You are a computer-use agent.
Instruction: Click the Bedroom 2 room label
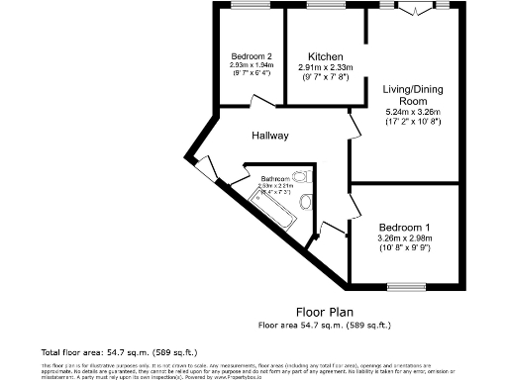coord(252,55)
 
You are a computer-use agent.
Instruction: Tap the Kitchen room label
coord(325,55)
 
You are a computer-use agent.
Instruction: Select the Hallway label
coord(269,137)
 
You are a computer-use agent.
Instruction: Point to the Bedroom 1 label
coord(404,227)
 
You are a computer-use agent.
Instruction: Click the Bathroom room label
coord(275,178)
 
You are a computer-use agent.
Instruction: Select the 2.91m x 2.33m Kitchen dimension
coord(325,68)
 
